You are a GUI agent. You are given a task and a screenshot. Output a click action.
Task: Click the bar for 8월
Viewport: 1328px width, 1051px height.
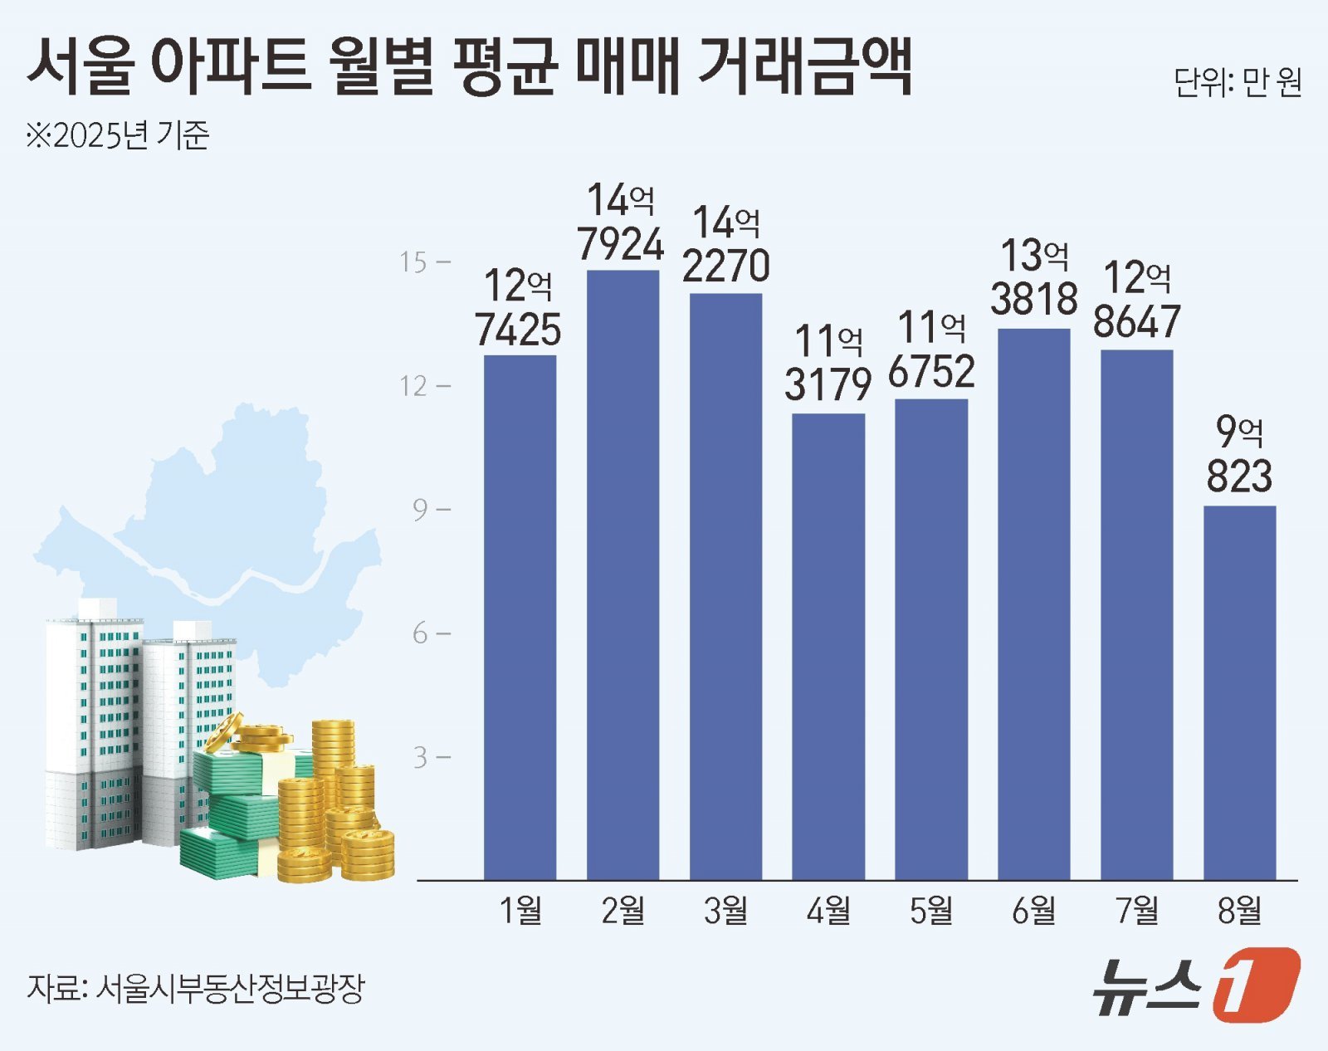coord(1239,692)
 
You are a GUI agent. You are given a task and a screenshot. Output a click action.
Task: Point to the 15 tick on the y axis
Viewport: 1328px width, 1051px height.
coord(413,262)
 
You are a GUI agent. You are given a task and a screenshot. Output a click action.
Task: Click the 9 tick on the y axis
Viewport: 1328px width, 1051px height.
coord(421,510)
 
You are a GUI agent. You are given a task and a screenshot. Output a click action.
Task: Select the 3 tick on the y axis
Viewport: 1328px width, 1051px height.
coord(421,757)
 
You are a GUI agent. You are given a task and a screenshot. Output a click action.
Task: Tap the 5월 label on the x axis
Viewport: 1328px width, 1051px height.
coord(931,911)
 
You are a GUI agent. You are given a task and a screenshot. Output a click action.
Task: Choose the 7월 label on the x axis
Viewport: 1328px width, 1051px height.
coord(1136,911)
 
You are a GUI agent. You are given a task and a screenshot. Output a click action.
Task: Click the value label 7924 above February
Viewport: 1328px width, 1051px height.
coord(621,244)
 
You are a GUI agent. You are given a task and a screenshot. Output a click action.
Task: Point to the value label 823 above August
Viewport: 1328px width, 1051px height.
coord(1239,477)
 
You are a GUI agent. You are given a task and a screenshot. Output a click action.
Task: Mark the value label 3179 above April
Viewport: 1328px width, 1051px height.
coord(828,384)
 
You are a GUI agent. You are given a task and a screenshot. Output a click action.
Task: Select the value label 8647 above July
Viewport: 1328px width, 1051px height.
coord(1136,322)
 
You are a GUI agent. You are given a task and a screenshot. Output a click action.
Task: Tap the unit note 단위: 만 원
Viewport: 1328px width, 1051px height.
coord(1237,83)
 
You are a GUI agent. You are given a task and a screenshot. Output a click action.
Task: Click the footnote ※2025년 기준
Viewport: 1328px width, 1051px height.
coord(117,135)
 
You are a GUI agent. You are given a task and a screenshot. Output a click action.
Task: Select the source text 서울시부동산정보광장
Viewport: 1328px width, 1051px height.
coord(230,988)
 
